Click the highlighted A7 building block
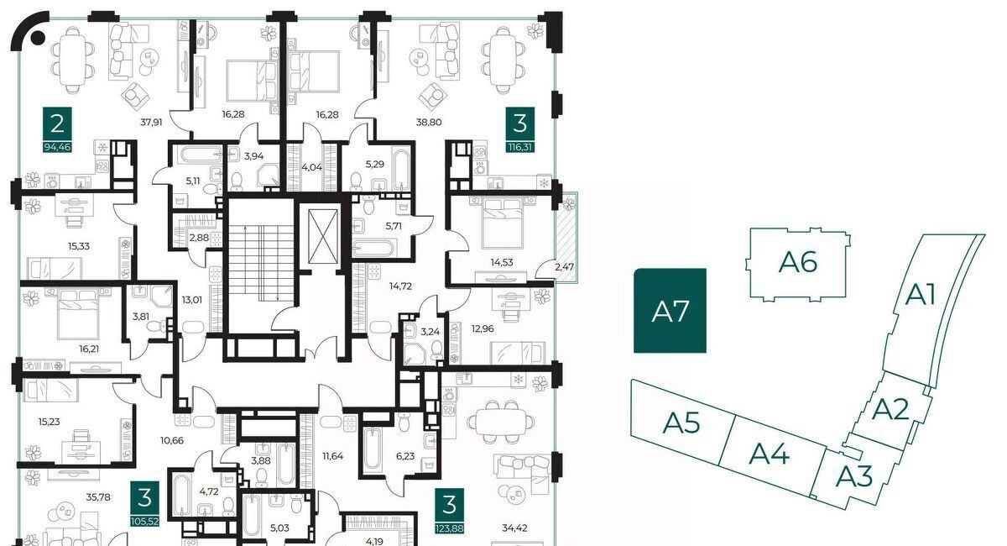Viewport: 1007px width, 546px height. click(670, 311)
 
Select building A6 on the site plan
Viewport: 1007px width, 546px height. click(798, 263)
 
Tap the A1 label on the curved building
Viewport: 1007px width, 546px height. click(921, 295)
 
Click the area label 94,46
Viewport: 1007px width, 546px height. click(57, 147)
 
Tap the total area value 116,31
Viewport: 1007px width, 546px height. click(520, 147)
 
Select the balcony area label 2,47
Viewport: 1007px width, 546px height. click(564, 267)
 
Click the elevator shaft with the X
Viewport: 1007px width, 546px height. click(323, 236)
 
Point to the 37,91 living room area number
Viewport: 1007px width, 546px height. click(151, 122)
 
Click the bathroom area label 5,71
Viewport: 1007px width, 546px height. click(394, 226)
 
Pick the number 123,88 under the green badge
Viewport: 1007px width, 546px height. click(449, 528)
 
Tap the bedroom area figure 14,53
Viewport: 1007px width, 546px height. click(502, 262)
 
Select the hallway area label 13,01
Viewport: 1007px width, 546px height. click(192, 300)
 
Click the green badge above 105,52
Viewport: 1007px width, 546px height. click(144, 498)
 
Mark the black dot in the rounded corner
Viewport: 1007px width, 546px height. click(38, 38)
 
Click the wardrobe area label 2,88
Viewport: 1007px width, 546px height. click(199, 237)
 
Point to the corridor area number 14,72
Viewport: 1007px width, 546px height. click(400, 286)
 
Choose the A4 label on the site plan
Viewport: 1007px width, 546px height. click(769, 454)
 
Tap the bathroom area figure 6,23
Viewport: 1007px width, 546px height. click(405, 456)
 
